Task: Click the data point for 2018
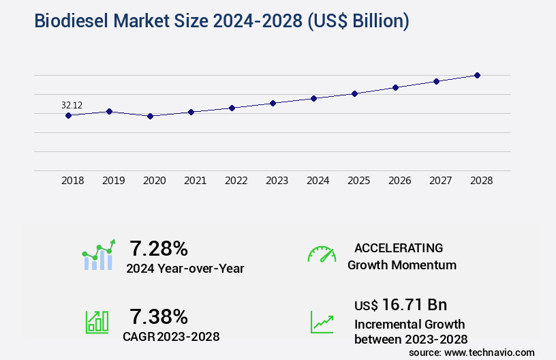pyautogui.click(x=68, y=115)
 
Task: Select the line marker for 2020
pyautogui.click(x=150, y=116)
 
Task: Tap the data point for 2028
pyautogui.click(x=477, y=75)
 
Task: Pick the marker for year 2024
pyautogui.click(x=313, y=98)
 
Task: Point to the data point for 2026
pyautogui.click(x=395, y=87)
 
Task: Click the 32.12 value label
pyautogui.click(x=72, y=105)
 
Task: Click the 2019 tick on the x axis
pyautogui.click(x=113, y=181)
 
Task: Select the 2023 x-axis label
pyautogui.click(x=277, y=181)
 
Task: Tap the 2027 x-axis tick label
pyautogui.click(x=440, y=181)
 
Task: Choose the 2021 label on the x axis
pyautogui.click(x=195, y=181)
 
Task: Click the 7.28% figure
pyautogui.click(x=159, y=248)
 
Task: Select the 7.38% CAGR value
pyautogui.click(x=159, y=316)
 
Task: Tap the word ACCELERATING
pyautogui.click(x=399, y=248)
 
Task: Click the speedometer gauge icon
pyautogui.click(x=322, y=254)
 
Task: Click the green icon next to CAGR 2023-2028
pyautogui.click(x=97, y=321)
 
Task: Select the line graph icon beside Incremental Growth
pyautogui.click(x=322, y=322)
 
